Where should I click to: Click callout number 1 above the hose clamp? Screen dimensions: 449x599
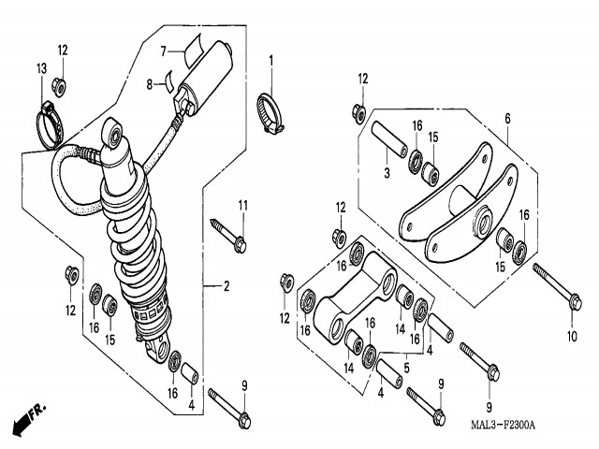pyautogui.click(x=271, y=61)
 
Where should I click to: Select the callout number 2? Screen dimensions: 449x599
pyautogui.click(x=226, y=285)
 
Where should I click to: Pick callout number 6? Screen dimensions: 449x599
pyautogui.click(x=507, y=119)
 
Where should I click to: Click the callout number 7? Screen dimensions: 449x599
pyautogui.click(x=161, y=51)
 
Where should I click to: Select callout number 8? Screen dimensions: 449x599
pyautogui.click(x=148, y=85)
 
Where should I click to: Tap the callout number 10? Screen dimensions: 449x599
pyautogui.click(x=571, y=336)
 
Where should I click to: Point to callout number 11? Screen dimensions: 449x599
pyautogui.click(x=241, y=206)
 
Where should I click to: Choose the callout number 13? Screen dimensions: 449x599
pyautogui.click(x=41, y=68)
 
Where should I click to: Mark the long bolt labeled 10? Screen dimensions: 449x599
pyautogui.click(x=558, y=284)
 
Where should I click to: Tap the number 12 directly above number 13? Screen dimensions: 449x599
pyautogui.click(x=62, y=49)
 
